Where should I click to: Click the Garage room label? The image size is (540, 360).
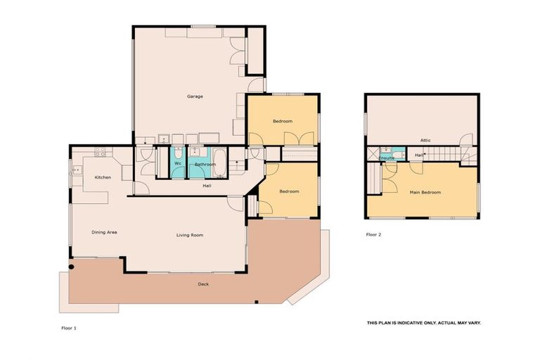(x=195, y=96)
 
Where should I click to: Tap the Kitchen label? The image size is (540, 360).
(x=103, y=177)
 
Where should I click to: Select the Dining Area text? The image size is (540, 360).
(x=103, y=232)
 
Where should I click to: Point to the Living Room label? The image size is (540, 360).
(x=189, y=235)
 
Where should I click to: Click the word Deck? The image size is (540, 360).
(x=202, y=284)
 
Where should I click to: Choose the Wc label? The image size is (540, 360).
(x=178, y=165)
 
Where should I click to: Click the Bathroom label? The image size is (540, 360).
(x=205, y=165)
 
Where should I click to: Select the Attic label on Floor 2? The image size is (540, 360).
(x=425, y=140)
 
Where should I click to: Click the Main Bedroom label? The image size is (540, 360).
(x=425, y=192)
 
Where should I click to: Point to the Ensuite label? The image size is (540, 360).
(x=387, y=159)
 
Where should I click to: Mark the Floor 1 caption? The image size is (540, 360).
(x=68, y=328)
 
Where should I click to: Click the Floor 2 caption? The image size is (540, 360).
(x=373, y=234)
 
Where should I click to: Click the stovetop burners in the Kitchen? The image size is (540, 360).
(x=100, y=150)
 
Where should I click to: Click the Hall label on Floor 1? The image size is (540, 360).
(x=207, y=186)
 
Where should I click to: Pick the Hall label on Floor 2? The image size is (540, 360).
(x=418, y=155)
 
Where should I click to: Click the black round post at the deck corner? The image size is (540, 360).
(x=72, y=266)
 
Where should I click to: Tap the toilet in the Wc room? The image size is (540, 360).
(x=178, y=153)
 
